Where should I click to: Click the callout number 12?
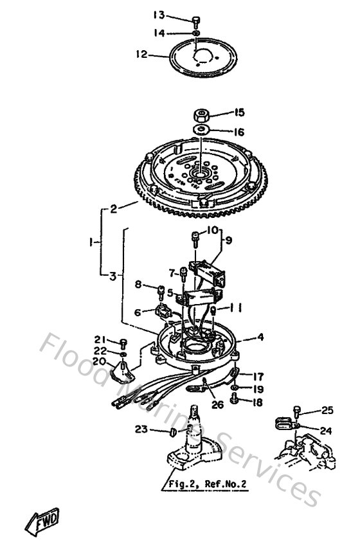pos(141,55)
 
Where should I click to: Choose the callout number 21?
pos(99,339)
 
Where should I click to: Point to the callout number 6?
pos(137,312)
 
